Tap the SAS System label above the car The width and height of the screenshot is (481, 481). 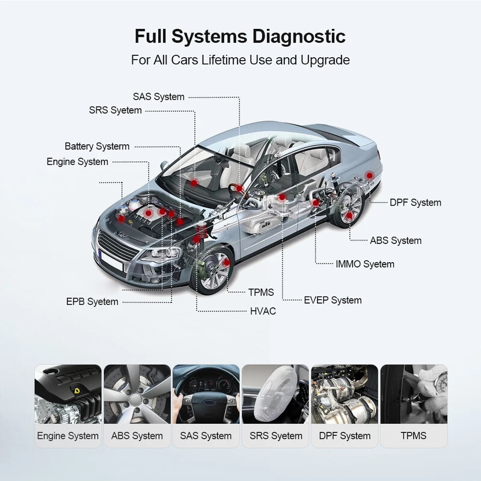click(159, 96)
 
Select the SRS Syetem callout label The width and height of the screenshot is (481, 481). click(115, 110)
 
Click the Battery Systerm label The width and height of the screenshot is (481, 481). click(97, 146)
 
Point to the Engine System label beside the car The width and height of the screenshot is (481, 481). click(78, 161)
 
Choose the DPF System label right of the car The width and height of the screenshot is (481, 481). click(415, 203)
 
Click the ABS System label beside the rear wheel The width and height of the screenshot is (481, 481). click(395, 240)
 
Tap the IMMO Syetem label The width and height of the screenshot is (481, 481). click(365, 264)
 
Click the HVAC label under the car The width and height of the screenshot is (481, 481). click(263, 311)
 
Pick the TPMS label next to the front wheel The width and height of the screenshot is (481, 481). click(261, 292)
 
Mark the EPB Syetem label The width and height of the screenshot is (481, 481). click(92, 301)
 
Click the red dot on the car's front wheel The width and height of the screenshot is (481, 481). click(227, 263)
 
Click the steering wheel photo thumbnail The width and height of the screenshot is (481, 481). click(206, 394)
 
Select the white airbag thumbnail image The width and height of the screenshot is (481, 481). click(275, 394)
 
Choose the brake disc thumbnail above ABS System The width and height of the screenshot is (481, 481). click(138, 394)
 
